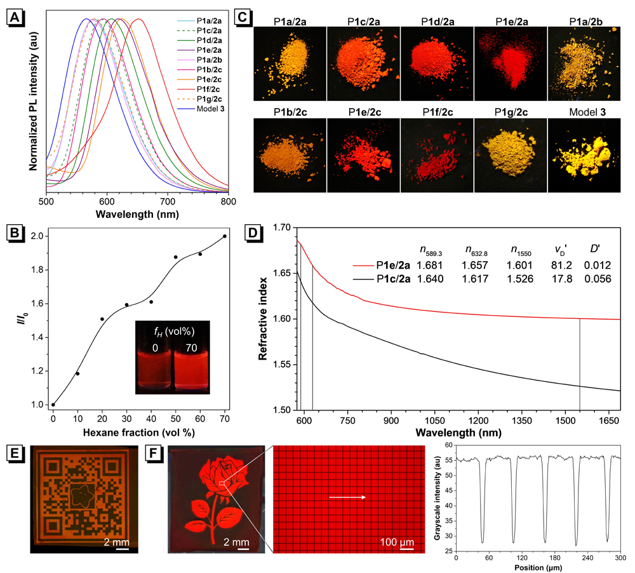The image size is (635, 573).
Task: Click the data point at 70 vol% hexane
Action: point(225,236)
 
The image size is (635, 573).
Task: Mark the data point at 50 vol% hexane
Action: point(176,257)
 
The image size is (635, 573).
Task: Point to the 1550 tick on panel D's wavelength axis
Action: point(580,421)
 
